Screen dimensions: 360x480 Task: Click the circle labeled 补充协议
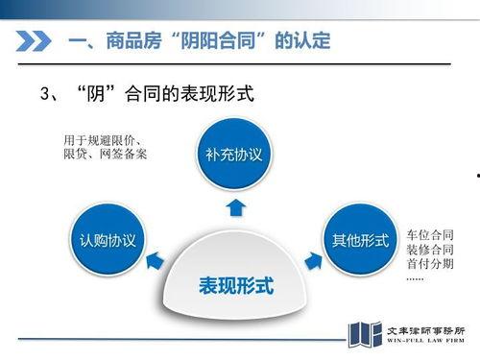(233, 155)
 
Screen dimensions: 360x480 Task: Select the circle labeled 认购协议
(107, 239)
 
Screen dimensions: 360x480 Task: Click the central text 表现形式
(235, 286)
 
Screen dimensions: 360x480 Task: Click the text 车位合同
(430, 234)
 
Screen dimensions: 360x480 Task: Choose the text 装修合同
(430, 250)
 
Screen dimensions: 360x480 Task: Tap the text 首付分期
(430, 265)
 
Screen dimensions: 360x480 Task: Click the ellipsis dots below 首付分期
(415, 279)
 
